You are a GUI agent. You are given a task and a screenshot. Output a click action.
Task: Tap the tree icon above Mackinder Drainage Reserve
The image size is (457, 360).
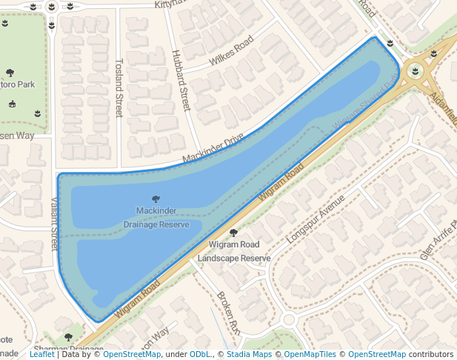point(156,199)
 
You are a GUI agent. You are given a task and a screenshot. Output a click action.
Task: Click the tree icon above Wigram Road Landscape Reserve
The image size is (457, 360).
point(233,233)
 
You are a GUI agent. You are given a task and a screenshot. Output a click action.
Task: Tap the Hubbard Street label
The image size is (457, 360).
point(181,80)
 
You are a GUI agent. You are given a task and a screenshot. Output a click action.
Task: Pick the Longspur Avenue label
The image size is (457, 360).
point(316,220)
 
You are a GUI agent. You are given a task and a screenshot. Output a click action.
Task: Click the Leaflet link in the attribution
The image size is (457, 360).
point(41,354)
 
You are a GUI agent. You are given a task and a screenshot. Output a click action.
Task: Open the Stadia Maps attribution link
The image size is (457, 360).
point(251,354)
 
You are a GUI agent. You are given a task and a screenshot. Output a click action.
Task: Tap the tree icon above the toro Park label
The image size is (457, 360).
point(10,73)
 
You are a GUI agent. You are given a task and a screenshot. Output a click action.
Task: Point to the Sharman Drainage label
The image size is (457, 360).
point(68,349)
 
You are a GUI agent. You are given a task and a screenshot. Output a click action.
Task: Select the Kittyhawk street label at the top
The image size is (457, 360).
point(173,4)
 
